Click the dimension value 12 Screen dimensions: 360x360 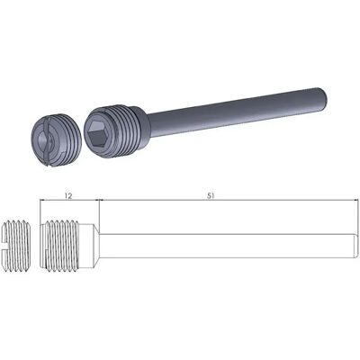point(68,196)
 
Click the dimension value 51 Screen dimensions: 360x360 point(211,196)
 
